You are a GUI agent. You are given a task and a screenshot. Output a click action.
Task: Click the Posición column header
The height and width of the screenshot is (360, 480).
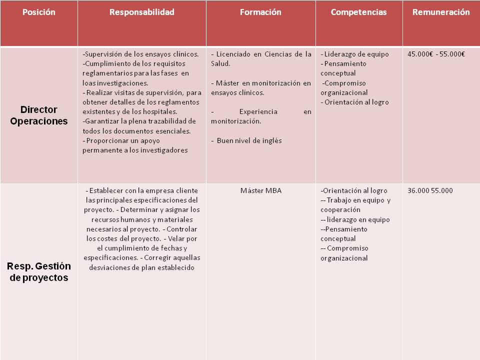tap(39, 12)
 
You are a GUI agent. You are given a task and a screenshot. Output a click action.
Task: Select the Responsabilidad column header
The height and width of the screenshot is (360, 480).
tap(142, 12)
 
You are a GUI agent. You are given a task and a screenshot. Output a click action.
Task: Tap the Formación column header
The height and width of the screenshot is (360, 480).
tap(261, 12)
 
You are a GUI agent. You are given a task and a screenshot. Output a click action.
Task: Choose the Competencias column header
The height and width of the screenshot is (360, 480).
tap(359, 12)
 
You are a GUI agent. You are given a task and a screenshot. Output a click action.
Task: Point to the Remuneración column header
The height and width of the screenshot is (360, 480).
tap(441, 12)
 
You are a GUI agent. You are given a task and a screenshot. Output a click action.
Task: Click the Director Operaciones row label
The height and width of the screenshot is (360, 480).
tap(39, 115)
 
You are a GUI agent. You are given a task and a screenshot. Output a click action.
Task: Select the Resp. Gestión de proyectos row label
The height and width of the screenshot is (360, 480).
tap(39, 272)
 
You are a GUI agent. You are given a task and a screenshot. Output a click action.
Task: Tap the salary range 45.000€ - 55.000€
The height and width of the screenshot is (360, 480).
tap(436, 54)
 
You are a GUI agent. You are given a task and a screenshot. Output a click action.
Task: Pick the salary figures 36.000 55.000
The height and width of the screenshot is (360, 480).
tap(430, 190)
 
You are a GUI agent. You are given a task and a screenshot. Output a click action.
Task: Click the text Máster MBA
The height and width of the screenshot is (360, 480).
tap(261, 190)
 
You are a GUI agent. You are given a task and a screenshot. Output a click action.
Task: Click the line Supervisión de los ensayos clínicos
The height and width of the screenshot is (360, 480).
tap(140, 54)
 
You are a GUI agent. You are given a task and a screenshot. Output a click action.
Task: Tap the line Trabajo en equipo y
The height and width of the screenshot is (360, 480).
tap(355, 200)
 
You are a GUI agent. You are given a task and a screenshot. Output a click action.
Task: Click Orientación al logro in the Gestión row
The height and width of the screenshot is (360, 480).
tap(354, 190)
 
